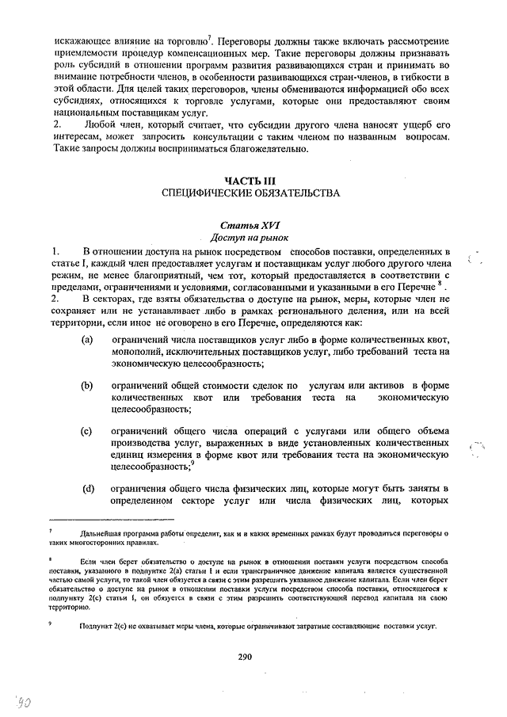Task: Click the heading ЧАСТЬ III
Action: click(250, 181)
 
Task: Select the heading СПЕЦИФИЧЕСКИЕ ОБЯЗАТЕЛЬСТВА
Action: click(250, 193)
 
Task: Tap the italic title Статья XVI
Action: click(250, 225)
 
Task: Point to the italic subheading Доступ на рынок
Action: click(250, 237)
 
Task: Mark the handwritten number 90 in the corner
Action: click(17, 701)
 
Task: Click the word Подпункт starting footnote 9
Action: click(97, 626)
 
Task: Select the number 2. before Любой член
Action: click(55, 125)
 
